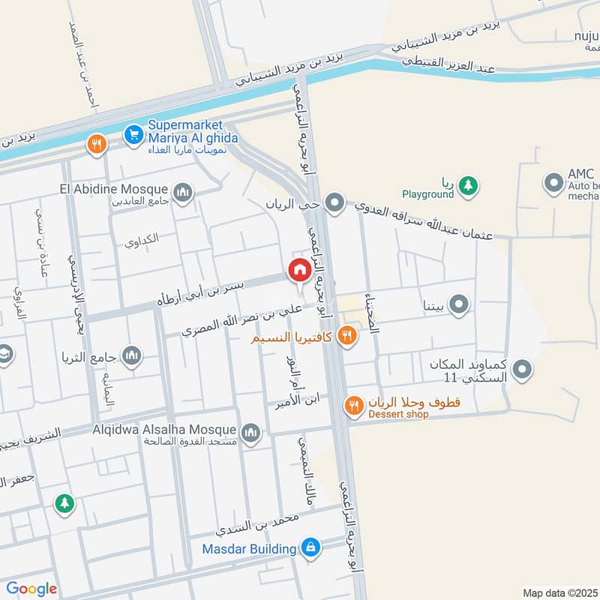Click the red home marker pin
298,271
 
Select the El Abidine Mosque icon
182,194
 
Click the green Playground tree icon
468,184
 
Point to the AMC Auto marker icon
553,182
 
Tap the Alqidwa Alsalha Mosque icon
250,432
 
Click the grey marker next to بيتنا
460,304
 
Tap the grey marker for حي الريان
334,202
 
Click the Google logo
31,589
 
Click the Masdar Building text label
249,549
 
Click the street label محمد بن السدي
257,523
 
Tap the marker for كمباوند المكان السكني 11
523,369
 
